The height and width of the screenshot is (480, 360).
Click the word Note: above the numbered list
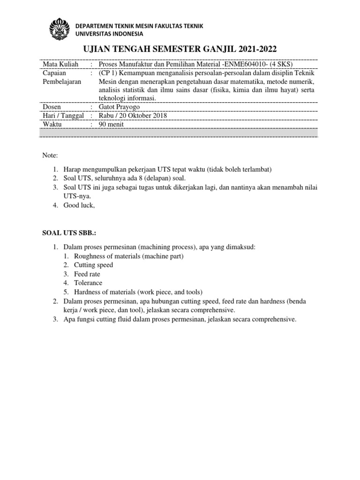click(x=50, y=155)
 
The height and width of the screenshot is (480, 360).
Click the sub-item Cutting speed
click(x=93, y=265)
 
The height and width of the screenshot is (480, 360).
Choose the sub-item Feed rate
click(x=87, y=274)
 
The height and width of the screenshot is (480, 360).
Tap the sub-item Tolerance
click(x=88, y=283)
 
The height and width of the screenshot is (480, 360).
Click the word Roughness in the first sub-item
click(x=90, y=256)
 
